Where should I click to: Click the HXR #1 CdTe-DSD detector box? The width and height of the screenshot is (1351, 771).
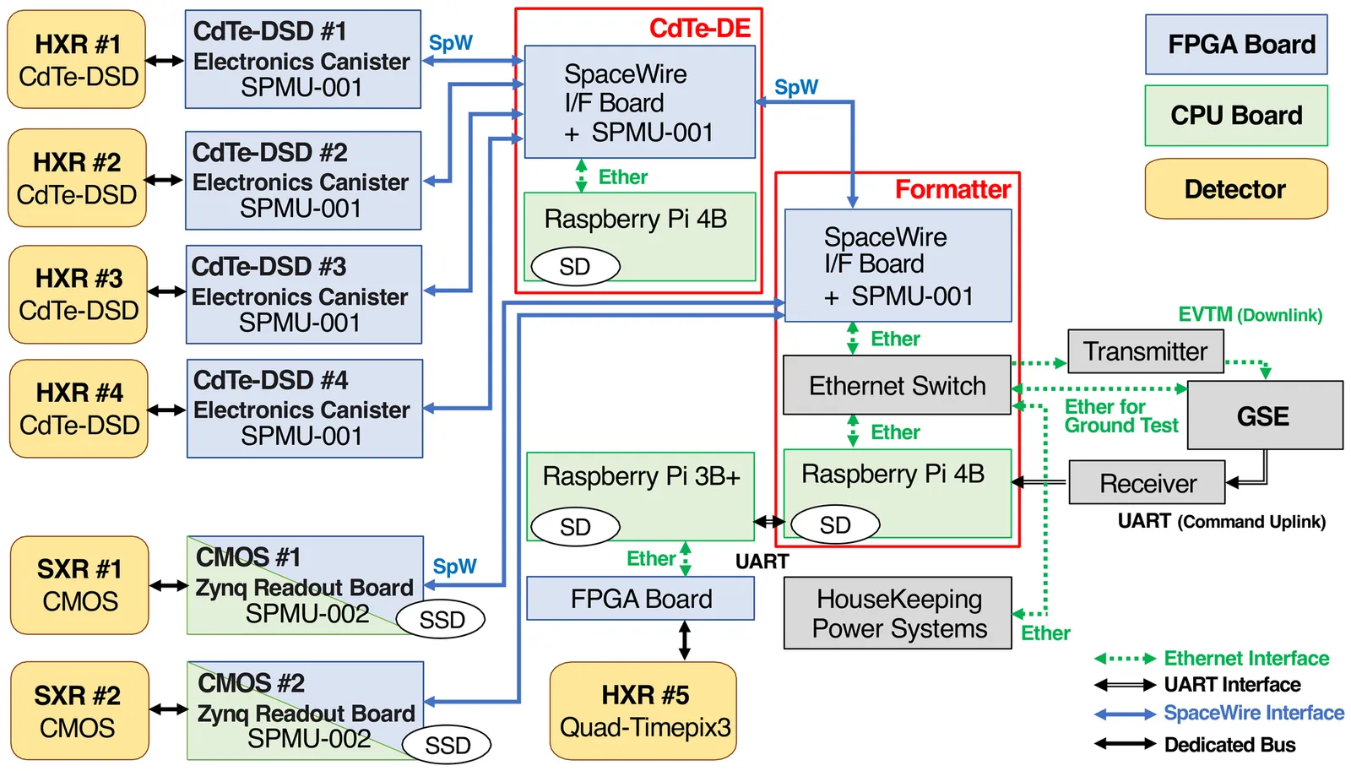77,60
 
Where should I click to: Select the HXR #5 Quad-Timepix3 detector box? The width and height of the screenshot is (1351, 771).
643,711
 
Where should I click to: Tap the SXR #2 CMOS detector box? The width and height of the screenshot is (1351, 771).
79,711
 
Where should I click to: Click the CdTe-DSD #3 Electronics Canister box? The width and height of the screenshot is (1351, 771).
304,295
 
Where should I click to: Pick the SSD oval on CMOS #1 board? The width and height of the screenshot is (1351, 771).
441,619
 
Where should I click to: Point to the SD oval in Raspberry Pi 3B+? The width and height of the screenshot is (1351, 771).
575,527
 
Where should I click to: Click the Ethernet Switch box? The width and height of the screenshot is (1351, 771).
897,385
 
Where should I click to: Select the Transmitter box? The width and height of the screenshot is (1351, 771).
1145,351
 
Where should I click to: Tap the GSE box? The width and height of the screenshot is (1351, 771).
1264,415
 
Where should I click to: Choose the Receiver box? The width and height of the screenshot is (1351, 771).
1147,483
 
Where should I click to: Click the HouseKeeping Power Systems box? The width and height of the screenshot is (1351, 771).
898,614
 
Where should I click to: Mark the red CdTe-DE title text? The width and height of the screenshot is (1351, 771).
699,28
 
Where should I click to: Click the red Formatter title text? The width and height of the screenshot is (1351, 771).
952,189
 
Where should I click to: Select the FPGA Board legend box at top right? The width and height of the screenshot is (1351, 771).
1236,44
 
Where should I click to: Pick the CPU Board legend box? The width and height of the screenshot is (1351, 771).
1236,116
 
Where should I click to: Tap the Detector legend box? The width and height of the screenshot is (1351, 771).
1236,189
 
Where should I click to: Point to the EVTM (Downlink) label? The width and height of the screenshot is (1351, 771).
1250,315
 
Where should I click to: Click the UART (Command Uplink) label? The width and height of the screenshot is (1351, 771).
1221,521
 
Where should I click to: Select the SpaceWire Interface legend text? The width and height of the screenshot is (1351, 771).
1254,714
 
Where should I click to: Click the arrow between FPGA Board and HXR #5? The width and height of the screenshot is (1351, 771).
685,640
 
